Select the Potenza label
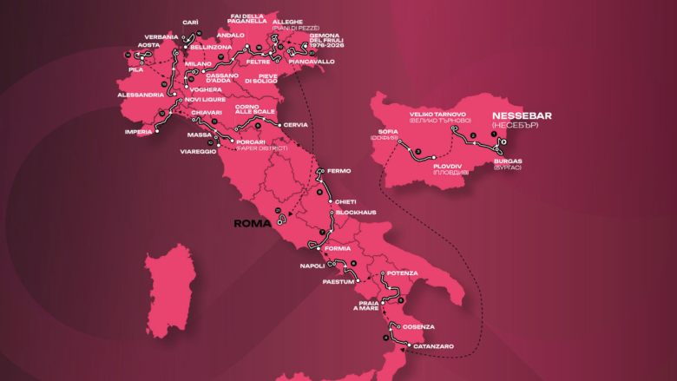pos(404,273)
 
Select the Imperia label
pos(137,132)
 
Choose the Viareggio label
pos(198,151)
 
